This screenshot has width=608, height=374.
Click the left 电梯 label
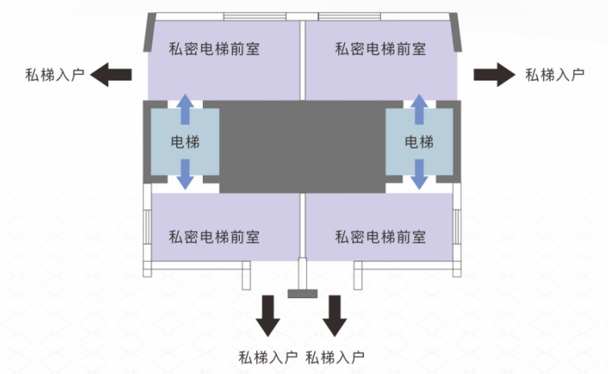[x=185, y=143]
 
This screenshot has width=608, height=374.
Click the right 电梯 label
[x=419, y=143]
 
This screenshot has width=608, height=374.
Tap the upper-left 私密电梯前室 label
[x=213, y=48]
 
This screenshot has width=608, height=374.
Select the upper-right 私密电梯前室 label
[x=380, y=48]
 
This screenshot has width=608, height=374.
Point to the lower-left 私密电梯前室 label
[x=213, y=237]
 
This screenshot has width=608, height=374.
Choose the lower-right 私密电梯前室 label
[x=380, y=237]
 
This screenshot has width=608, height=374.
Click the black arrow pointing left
[x=112, y=75]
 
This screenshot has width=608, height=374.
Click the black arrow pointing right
[x=493, y=75]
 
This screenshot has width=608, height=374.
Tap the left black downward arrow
[x=267, y=315]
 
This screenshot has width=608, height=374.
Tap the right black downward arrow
[x=334, y=315]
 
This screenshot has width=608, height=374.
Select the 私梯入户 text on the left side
[x=55, y=76]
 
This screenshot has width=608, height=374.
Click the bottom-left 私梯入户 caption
[x=268, y=356]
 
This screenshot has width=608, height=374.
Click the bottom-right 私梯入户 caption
[x=336, y=356]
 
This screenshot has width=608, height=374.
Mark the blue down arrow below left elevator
[x=185, y=175]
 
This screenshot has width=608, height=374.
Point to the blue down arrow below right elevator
[x=419, y=175]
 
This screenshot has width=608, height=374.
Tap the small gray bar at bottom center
[x=303, y=293]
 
